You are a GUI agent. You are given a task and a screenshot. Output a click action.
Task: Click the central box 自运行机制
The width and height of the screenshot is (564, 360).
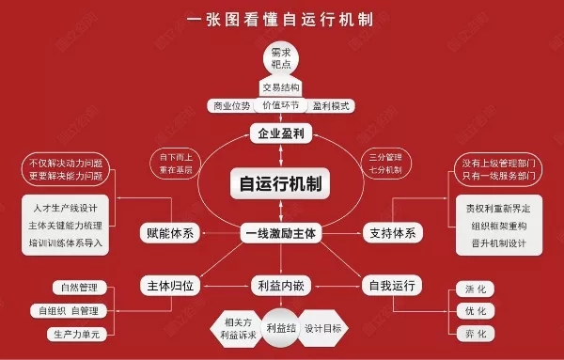click(x=280, y=184)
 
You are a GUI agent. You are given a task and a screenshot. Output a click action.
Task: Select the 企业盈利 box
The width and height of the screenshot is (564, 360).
click(x=280, y=134)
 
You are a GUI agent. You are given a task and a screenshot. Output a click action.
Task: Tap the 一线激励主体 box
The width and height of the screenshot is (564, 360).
click(x=281, y=232)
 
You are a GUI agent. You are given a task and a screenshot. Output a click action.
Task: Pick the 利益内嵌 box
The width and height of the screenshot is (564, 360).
click(x=280, y=284)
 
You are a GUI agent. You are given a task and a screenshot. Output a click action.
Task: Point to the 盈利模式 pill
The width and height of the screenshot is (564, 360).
click(x=331, y=106)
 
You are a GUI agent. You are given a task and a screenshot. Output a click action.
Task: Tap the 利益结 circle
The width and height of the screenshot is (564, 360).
click(x=280, y=329)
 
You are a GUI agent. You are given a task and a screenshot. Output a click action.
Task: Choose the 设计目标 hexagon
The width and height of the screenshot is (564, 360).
click(x=326, y=328)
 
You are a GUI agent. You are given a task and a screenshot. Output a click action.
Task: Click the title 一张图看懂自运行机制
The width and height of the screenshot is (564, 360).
click(x=281, y=18)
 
